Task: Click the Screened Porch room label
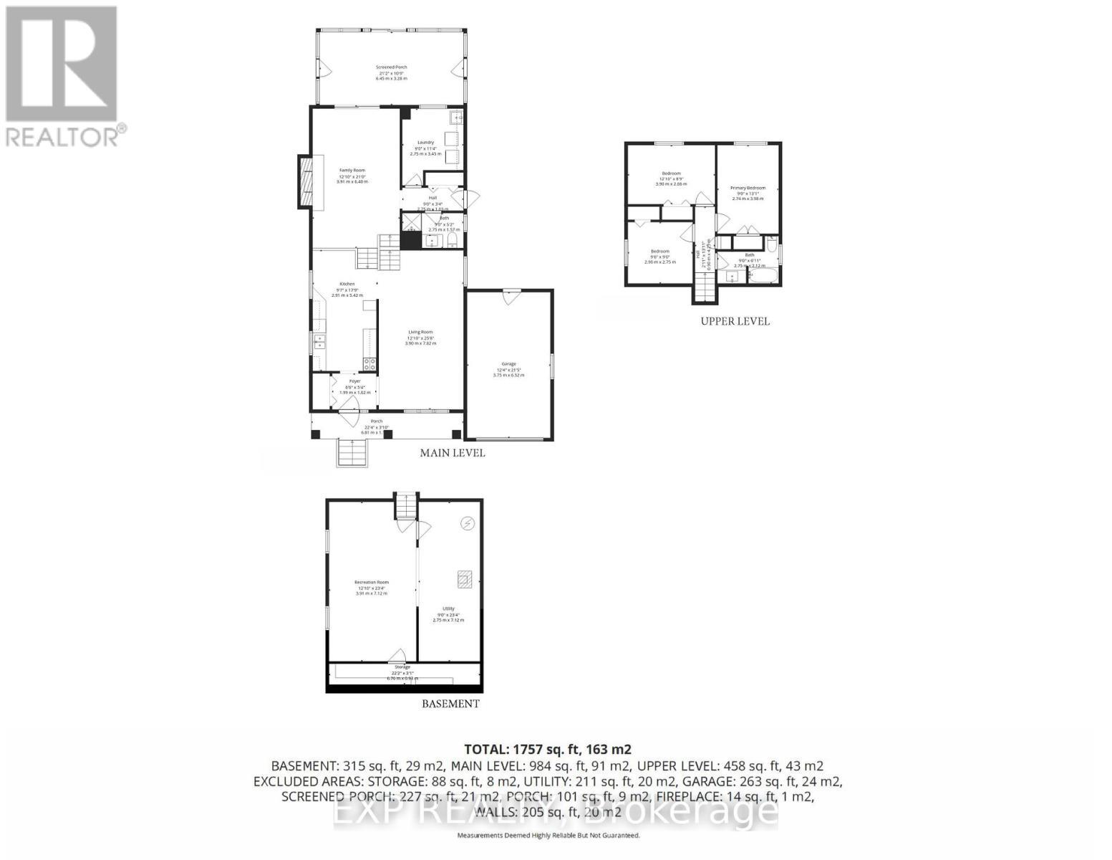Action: click(x=391, y=68)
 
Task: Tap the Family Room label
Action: click(x=352, y=171)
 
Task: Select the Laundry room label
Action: click(x=426, y=143)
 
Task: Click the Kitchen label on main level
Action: click(x=347, y=285)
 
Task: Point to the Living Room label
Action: click(x=420, y=333)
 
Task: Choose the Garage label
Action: click(x=508, y=365)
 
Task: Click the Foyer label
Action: click(x=354, y=382)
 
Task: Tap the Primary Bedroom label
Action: click(x=748, y=188)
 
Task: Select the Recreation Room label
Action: click(x=371, y=583)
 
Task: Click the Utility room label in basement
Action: click(x=448, y=609)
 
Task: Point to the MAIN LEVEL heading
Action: click(x=452, y=453)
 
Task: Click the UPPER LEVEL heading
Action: click(x=735, y=322)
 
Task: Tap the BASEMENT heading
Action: click(x=450, y=704)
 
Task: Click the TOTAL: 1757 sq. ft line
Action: click(x=548, y=750)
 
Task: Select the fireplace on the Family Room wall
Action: click(x=306, y=183)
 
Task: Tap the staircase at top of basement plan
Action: click(x=406, y=506)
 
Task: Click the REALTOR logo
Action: click(x=62, y=75)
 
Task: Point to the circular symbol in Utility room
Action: click(x=468, y=524)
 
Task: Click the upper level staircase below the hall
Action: click(x=705, y=290)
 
